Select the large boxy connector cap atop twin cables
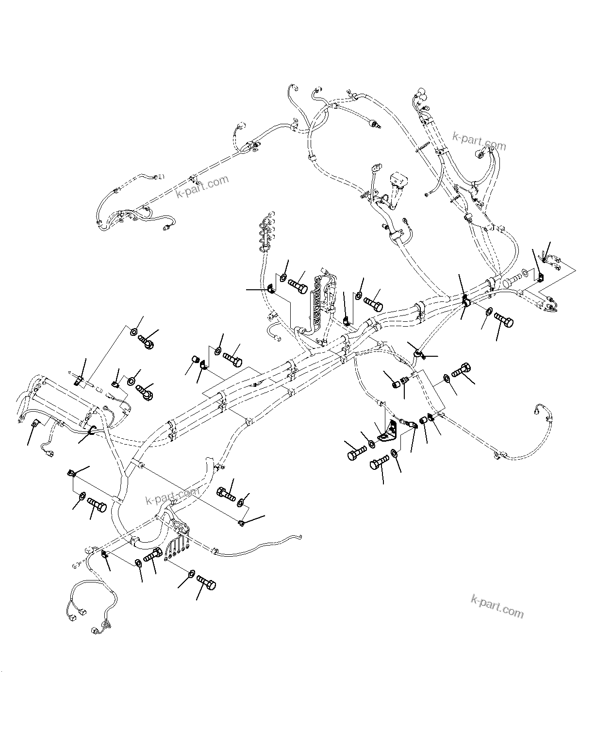pyautogui.click(x=399, y=181)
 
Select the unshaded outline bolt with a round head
pyautogui.click(x=513, y=280)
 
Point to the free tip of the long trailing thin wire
pyautogui.click(x=301, y=536)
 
